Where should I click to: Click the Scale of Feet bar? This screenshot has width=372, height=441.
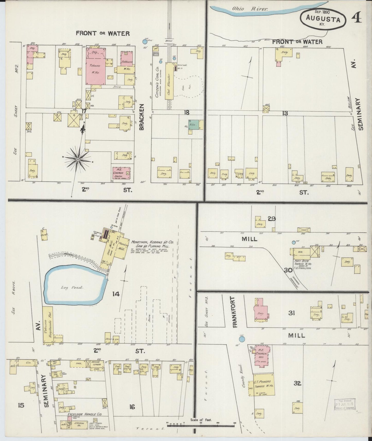click(201, 426)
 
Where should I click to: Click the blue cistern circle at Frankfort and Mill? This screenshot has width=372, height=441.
click(241, 339)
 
